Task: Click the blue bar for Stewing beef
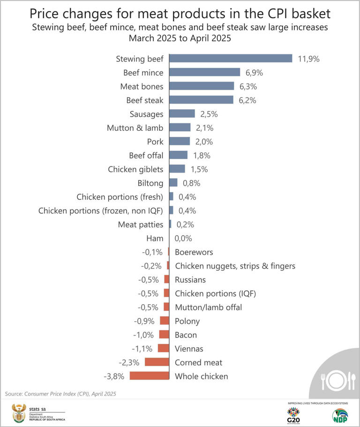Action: coord(231,59)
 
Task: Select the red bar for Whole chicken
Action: coord(149,376)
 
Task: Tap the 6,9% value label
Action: coord(255,73)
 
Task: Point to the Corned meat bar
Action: coord(157,362)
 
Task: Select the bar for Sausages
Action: coord(182,114)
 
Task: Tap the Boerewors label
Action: coord(194,252)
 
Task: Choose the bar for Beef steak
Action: coord(201,100)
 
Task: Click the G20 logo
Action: coord(293,414)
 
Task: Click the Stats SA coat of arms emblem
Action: coord(19,413)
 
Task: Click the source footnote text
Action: coord(60,394)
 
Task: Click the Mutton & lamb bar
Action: coord(180,127)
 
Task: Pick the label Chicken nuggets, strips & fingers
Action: coord(235,266)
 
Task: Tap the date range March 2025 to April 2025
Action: coord(180,38)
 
